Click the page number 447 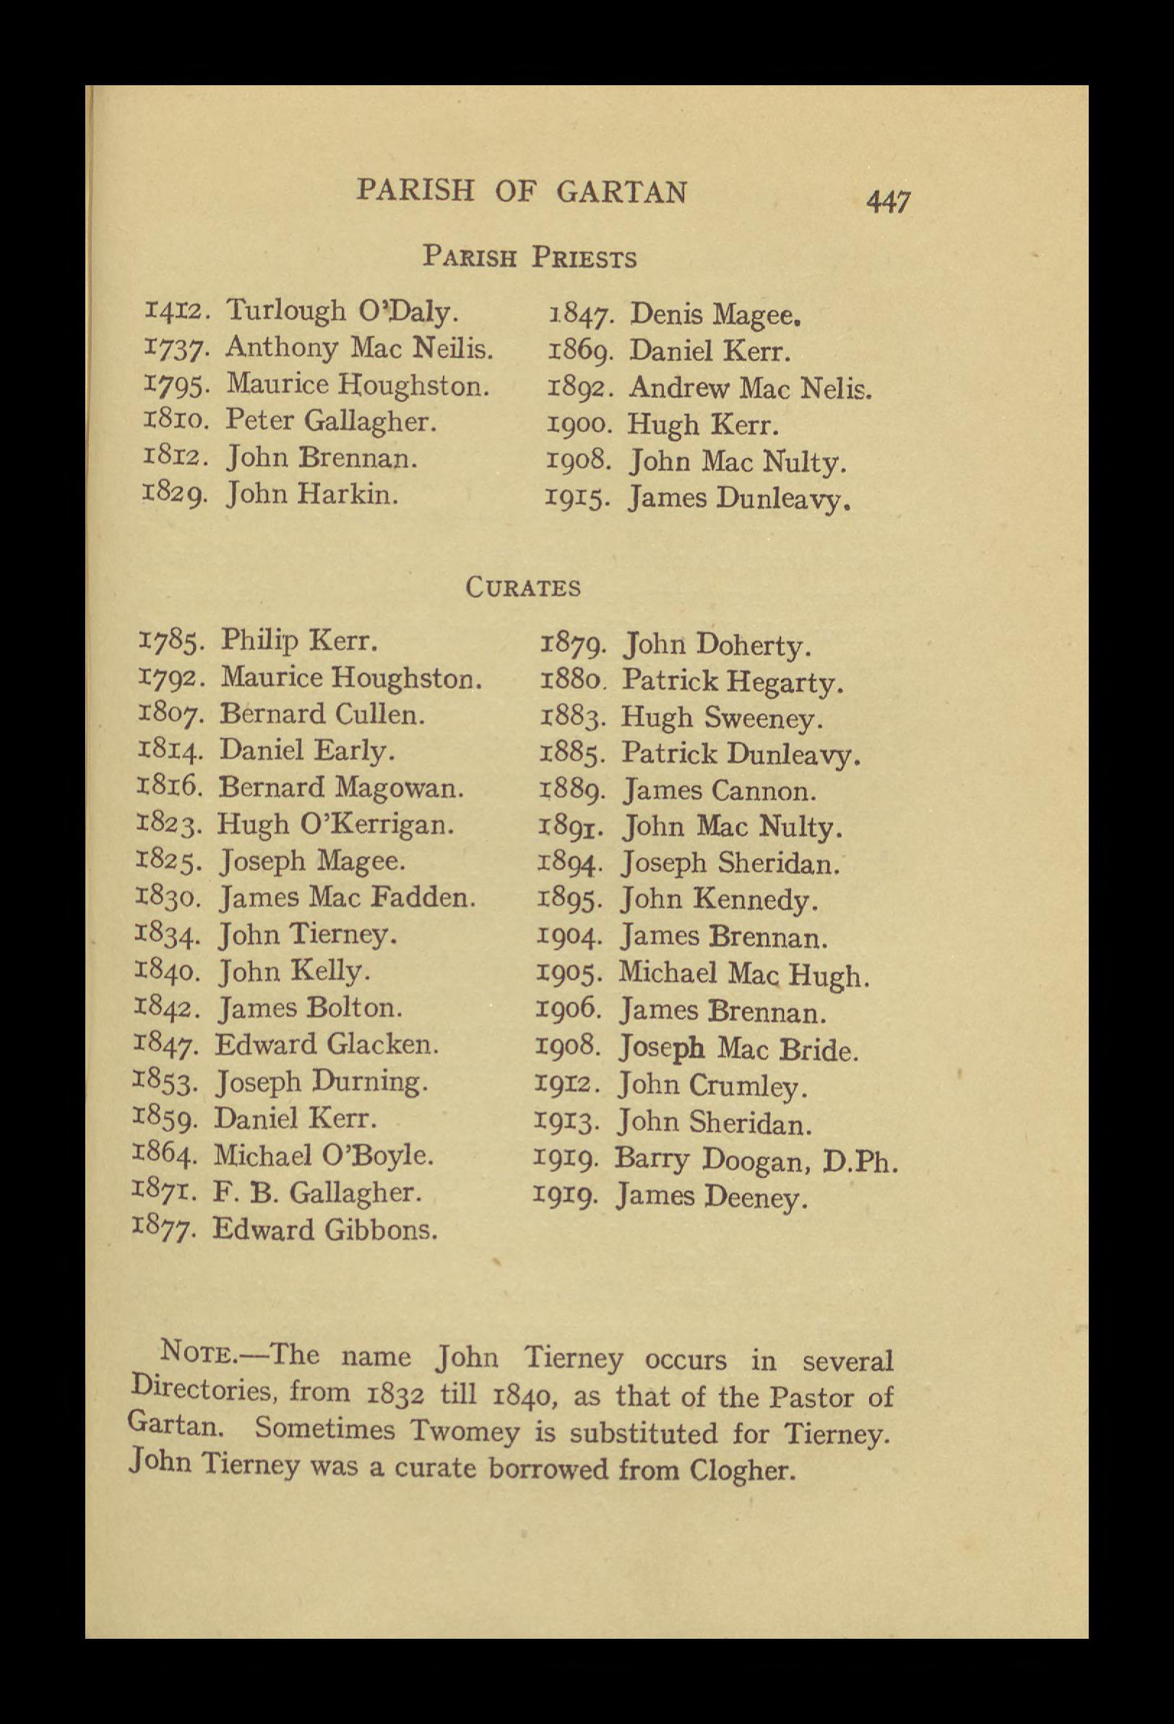point(888,201)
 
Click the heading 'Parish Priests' point(529,257)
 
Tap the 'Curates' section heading point(522,587)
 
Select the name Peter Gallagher point(329,421)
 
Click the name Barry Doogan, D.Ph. point(756,1159)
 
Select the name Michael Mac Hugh point(743,974)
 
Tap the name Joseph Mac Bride point(739,1048)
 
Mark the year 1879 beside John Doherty point(576,646)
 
